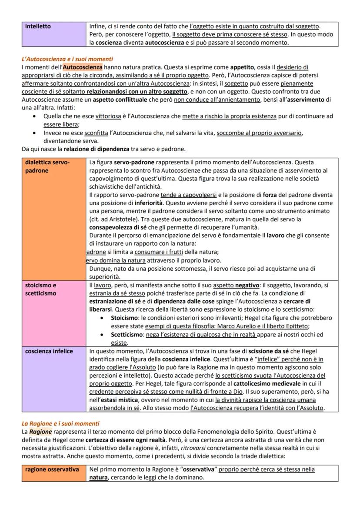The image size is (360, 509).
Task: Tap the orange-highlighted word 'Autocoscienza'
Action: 83,67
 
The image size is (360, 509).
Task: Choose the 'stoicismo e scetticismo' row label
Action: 40,289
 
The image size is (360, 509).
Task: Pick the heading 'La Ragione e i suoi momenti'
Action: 60,423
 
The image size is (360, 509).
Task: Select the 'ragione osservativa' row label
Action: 52,469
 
